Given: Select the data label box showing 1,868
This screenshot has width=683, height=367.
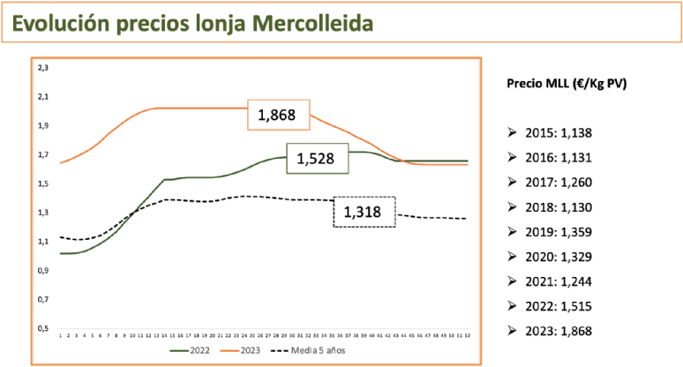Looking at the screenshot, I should coord(276,115).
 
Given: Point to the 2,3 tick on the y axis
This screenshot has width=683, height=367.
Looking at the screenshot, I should coord(42,67).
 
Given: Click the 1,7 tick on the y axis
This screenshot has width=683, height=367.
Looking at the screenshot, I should coord(42,154).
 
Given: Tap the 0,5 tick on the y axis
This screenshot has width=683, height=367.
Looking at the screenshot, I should coord(42,328).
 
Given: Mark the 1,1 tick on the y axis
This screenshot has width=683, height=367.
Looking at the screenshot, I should coord(42,241).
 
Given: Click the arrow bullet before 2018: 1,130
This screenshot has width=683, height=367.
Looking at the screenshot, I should coord(513,207).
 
